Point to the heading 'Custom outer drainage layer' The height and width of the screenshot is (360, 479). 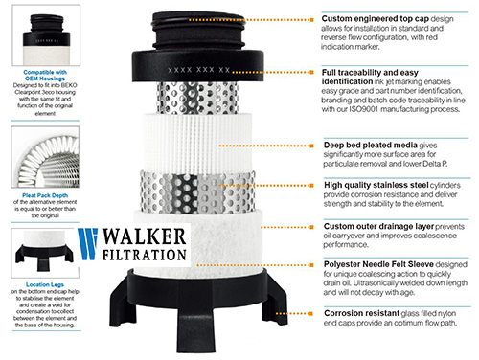pyautogui.click(x=376, y=225)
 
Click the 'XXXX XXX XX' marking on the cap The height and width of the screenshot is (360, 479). pyautogui.click(x=198, y=69)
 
